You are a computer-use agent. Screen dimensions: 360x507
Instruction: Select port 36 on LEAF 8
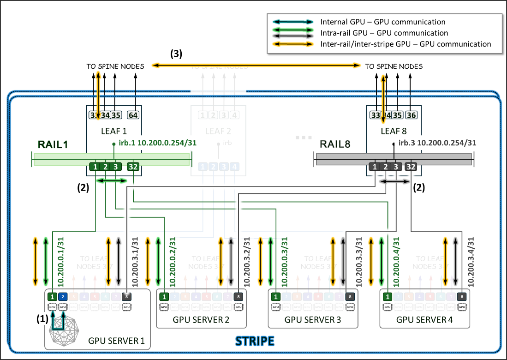[410, 115]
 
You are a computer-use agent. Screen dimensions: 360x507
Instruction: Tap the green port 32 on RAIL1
[133, 167]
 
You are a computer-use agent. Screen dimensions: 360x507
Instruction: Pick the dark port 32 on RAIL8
[411, 167]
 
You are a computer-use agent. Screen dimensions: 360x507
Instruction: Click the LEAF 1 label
[113, 132]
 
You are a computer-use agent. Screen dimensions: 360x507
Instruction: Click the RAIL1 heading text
[53, 144]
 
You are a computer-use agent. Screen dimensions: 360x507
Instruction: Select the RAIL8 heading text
[334, 144]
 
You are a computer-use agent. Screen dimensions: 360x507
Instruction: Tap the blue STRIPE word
[255, 342]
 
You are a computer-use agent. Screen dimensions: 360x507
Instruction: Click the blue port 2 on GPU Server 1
[64, 296]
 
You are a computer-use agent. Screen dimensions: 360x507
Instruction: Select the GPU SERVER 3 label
[312, 319]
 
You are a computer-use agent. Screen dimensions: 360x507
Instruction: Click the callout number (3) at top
[176, 54]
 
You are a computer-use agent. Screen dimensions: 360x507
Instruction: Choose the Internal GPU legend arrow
[293, 22]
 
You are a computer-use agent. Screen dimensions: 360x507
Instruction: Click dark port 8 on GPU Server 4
[460, 296]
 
